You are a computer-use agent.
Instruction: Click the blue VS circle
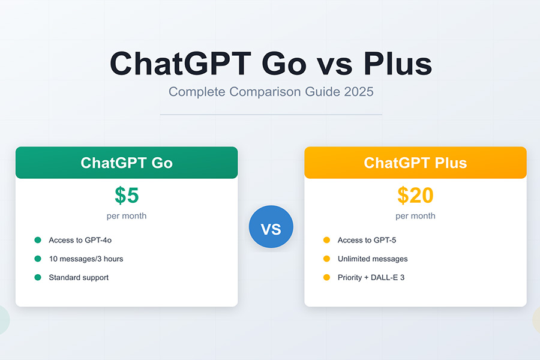[x=271, y=227]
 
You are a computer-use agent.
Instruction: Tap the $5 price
[x=127, y=196]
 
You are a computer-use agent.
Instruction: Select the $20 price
[x=415, y=196]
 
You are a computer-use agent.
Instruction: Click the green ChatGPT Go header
[x=127, y=163]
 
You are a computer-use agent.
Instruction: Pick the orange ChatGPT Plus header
[x=415, y=163]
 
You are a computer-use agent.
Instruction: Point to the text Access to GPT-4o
[x=80, y=240]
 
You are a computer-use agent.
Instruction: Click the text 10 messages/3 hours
[x=86, y=259]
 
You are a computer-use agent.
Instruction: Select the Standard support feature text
[x=79, y=278]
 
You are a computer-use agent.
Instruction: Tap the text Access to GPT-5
[x=367, y=240]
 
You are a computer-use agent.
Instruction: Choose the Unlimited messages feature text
[x=373, y=259]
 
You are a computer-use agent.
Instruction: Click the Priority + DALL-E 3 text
[x=371, y=278]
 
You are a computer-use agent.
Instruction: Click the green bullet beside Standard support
[x=38, y=277]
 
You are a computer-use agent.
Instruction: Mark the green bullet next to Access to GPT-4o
[x=38, y=240]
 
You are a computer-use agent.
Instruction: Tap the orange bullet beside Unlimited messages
[x=327, y=259]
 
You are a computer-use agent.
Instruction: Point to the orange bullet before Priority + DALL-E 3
[x=327, y=277]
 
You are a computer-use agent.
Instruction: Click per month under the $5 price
[x=127, y=216]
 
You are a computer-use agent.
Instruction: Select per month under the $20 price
[x=415, y=216]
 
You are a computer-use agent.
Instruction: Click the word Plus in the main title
[x=398, y=64]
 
